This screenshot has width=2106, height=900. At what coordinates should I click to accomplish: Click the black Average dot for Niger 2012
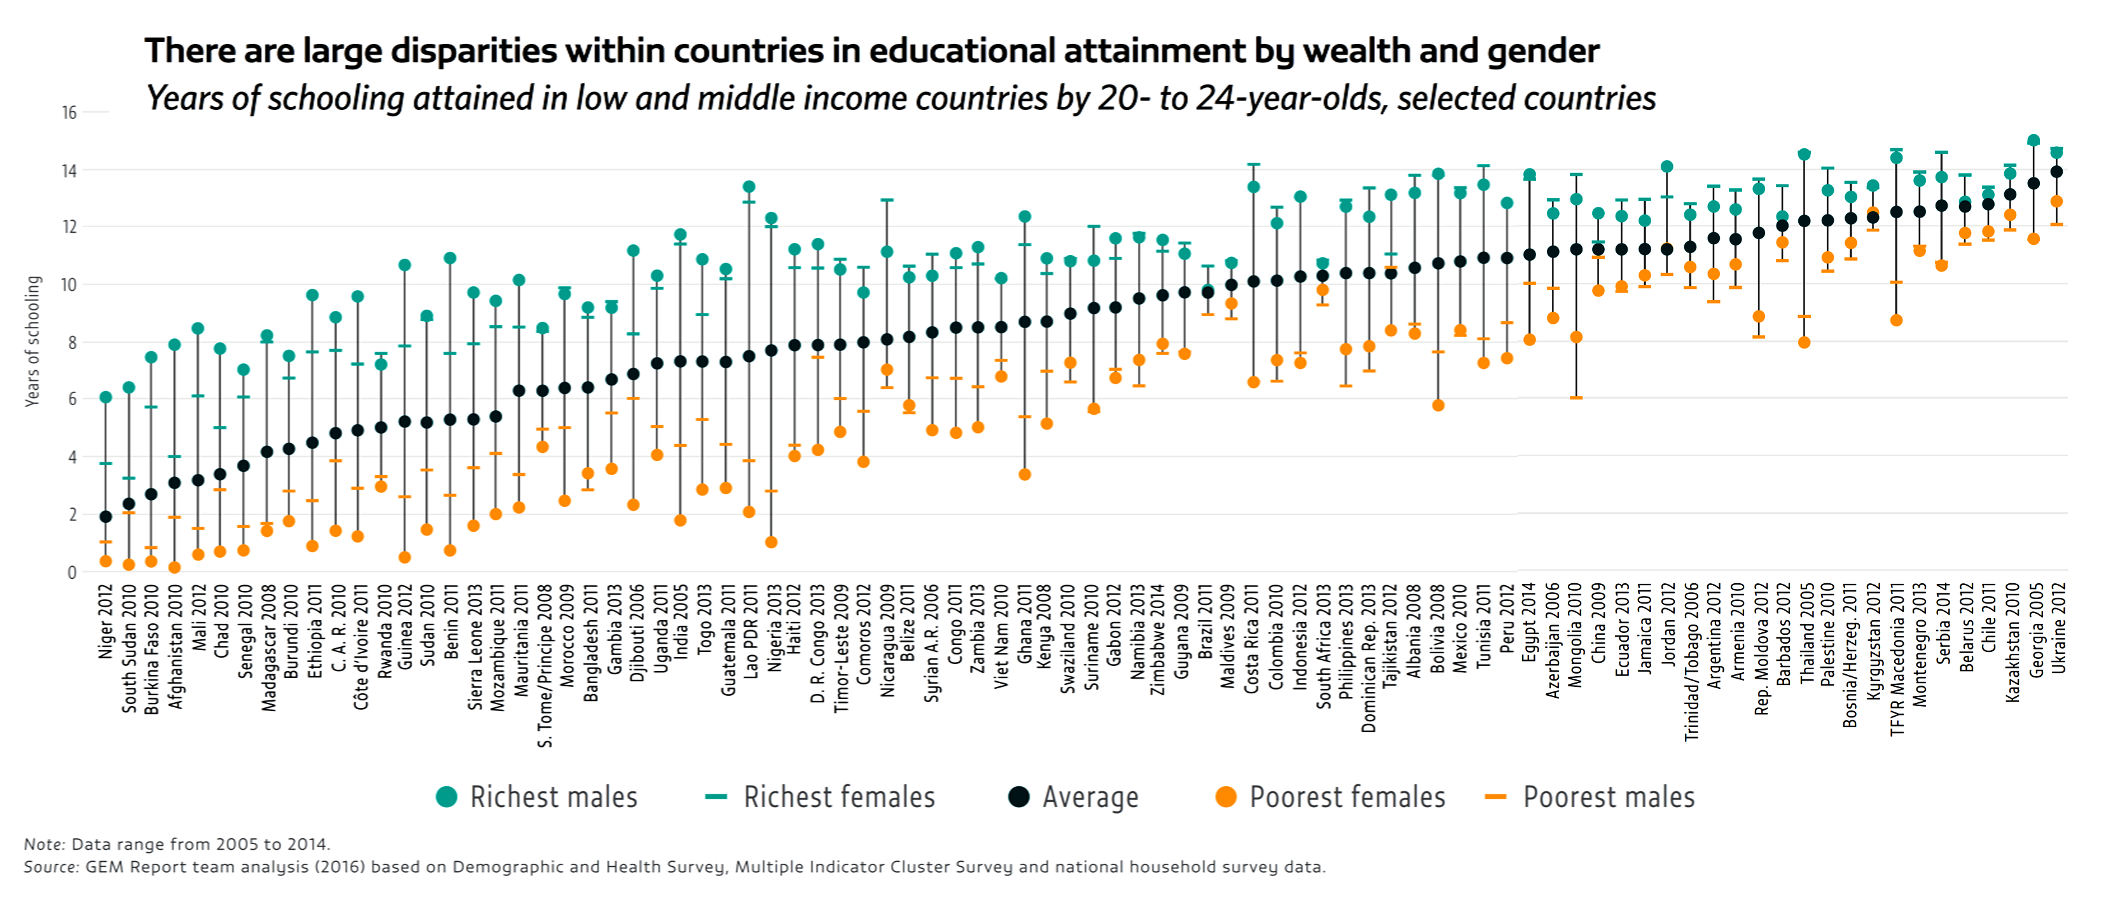pos(106,516)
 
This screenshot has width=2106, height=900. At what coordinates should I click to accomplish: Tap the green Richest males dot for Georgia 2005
pos(2033,141)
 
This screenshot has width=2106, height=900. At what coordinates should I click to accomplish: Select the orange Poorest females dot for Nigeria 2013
pos(771,542)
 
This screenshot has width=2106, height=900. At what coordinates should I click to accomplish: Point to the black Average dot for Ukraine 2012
pos(2056,172)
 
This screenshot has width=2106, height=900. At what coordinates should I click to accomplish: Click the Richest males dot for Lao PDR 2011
pos(748,187)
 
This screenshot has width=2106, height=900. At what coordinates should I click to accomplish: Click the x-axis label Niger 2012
pos(106,622)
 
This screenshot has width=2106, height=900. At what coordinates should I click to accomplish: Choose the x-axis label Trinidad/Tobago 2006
pos(1691,662)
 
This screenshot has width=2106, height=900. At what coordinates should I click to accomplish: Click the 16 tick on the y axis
pos(69,113)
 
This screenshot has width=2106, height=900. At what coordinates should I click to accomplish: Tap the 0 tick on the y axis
pos(72,572)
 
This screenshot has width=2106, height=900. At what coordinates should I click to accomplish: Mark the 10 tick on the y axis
pos(69,284)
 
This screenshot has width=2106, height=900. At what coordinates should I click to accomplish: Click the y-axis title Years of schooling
pos(32,341)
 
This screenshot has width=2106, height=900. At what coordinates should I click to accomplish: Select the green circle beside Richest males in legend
pos(447,797)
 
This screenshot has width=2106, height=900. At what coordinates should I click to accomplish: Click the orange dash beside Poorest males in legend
pos(1495,797)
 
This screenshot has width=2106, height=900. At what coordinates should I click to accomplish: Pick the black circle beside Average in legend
pos(1019,797)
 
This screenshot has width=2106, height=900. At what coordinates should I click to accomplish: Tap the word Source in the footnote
pos(51,866)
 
